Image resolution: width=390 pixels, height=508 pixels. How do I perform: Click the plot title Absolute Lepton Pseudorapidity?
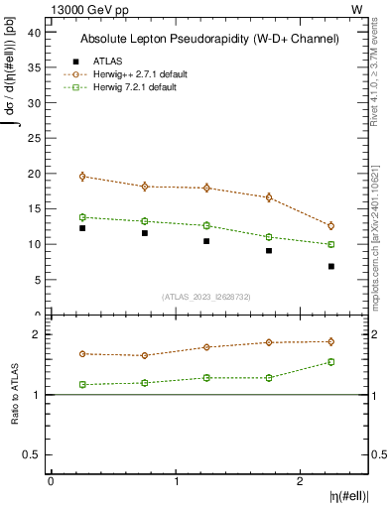coord(209,39)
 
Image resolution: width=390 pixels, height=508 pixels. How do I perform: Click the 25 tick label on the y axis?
coord(34,138)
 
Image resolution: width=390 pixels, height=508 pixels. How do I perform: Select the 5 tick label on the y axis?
coord(37,279)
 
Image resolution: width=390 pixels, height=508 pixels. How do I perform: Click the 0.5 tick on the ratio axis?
coord(31,454)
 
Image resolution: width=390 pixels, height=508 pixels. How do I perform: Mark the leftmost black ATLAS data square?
coord(82,228)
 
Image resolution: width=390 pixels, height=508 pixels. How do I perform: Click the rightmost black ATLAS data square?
coord(331,266)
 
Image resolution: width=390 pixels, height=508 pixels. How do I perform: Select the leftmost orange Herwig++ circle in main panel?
coord(82,177)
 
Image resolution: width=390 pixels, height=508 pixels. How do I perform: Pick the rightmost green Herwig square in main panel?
coord(331,244)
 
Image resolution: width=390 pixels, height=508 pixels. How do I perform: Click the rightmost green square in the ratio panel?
coord(331,362)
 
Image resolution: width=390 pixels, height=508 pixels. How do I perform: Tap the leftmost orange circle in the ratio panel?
coord(82,353)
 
